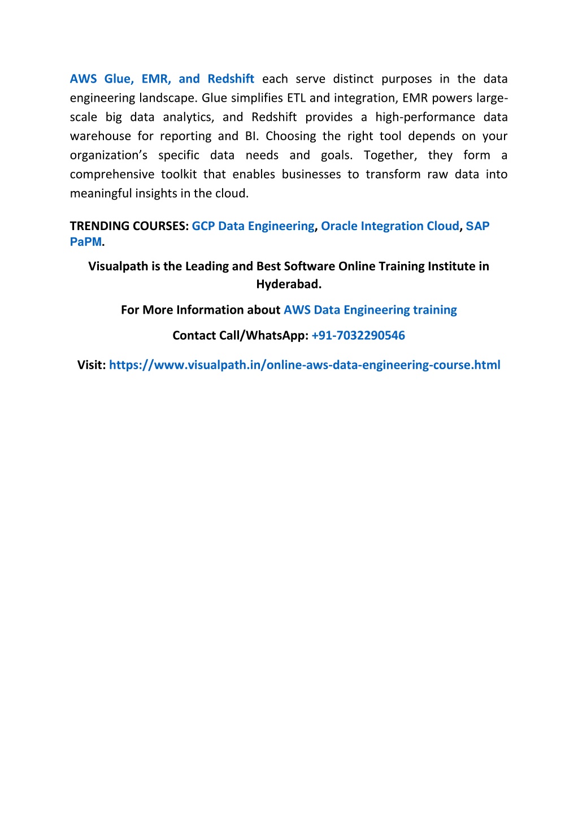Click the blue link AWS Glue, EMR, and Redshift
tap(162, 79)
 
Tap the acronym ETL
tap(296, 98)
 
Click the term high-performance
tap(425, 118)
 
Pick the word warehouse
tap(100, 136)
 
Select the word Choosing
tap(290, 136)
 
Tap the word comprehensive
tap(112, 175)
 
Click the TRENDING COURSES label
tap(129, 226)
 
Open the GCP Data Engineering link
tap(253, 226)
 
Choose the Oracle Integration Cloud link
tap(390, 226)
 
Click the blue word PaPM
tap(86, 242)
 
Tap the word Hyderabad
tap(289, 284)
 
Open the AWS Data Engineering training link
tap(370, 310)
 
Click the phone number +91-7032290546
tap(358, 336)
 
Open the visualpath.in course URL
tap(305, 365)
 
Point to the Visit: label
tap(92, 365)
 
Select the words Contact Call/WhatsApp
tap(240, 336)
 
